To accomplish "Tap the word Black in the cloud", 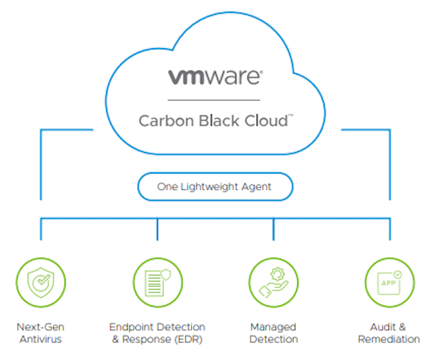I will pyautogui.click(x=209, y=121).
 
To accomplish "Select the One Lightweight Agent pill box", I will pyautogui.click(x=215, y=187).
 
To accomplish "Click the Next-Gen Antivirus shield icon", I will pyautogui.click(x=41, y=282).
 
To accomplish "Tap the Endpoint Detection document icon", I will pyautogui.click(x=157, y=282).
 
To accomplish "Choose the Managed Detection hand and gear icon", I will pyautogui.click(x=274, y=282).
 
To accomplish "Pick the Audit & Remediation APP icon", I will pyautogui.click(x=389, y=282).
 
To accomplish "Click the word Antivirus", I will pyautogui.click(x=41, y=338).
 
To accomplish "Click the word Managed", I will pyautogui.click(x=273, y=327).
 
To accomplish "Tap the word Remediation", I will pyautogui.click(x=389, y=338).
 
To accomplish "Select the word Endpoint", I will pyautogui.click(x=132, y=327).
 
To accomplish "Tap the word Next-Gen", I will pyautogui.click(x=41, y=327).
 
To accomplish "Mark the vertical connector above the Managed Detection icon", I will pyautogui.click(x=274, y=230).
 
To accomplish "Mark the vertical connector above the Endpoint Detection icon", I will pyautogui.click(x=157, y=230).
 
